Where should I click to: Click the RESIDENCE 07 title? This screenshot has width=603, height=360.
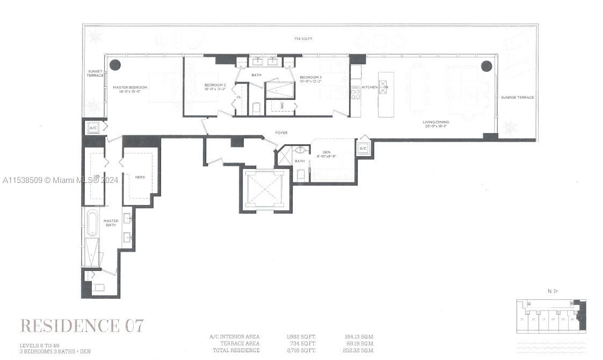pos(82,325)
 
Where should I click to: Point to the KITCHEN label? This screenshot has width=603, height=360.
pos(369,87)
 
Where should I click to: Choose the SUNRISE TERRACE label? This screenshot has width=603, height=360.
pos(517,98)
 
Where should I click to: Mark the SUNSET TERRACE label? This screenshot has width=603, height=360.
pos(95,74)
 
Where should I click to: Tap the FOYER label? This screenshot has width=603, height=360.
pos(281,133)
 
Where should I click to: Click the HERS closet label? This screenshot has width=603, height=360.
pos(140,177)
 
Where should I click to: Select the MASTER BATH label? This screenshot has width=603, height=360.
pos(111,223)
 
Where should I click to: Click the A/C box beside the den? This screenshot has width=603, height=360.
pos(362,148)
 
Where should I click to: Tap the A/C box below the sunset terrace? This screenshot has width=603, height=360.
pos(92,128)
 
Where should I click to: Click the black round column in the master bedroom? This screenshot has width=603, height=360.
pos(115,65)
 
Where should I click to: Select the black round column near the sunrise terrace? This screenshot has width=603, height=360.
pos(486,66)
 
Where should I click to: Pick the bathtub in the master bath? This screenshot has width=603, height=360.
pos(92,223)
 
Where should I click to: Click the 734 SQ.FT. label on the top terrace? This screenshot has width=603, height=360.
pos(303,39)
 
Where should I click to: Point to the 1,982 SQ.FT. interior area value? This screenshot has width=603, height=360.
pos(301,337)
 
